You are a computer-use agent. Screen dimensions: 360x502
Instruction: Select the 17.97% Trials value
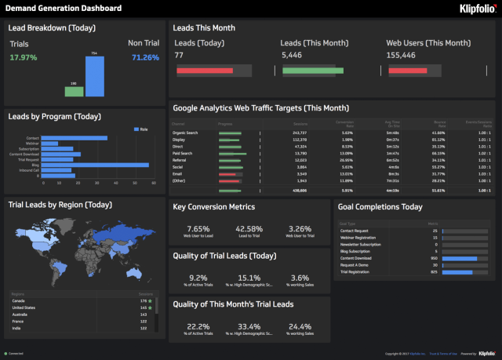click(x=24, y=57)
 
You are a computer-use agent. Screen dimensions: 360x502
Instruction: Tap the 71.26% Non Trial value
click(x=145, y=57)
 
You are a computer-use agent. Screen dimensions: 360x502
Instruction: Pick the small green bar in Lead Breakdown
click(x=74, y=91)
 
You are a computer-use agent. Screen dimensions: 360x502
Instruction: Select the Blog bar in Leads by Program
click(x=94, y=165)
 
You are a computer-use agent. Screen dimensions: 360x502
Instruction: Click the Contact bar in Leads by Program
click(x=74, y=138)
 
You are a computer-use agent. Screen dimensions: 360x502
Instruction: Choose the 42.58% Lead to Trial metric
click(x=248, y=229)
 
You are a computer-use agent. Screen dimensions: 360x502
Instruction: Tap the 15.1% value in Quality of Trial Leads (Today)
click(x=248, y=278)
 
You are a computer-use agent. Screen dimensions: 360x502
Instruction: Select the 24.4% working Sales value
click(x=299, y=326)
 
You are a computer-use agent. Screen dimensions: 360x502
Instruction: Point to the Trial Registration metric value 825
click(x=434, y=271)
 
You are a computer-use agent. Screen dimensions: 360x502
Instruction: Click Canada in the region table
click(x=17, y=300)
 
